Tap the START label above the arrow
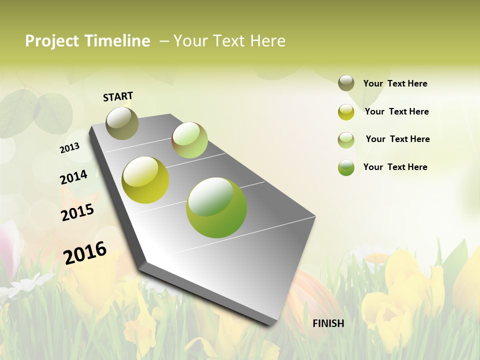click(x=118, y=96)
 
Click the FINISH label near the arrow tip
click(x=328, y=323)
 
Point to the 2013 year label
click(x=69, y=148)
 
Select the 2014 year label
click(x=73, y=177)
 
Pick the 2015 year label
click(x=77, y=212)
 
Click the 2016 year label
click(x=85, y=253)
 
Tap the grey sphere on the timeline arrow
click(x=122, y=123)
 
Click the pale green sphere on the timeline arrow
click(x=189, y=140)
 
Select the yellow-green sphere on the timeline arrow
click(x=145, y=180)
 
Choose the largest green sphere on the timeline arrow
click(x=216, y=207)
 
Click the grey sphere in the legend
click(x=346, y=83)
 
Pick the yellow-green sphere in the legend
click(x=346, y=112)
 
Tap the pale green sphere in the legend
click(x=346, y=140)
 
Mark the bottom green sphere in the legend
click(x=346, y=167)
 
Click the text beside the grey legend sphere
click(x=395, y=83)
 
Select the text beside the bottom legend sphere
click(x=395, y=167)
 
